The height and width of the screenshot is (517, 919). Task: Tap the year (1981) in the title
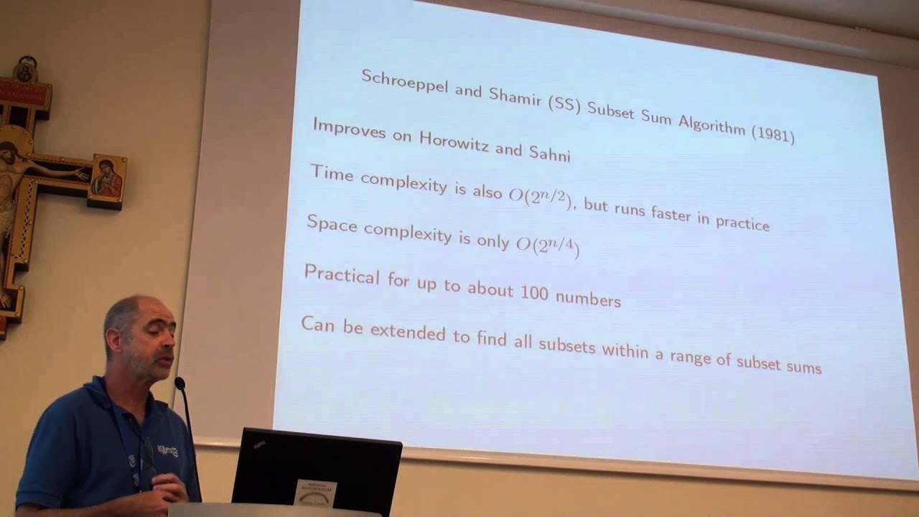coord(773,134)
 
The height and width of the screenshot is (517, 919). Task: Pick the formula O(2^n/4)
coord(548,245)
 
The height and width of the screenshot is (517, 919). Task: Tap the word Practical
coord(342,274)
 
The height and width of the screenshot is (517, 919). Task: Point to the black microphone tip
coord(179,384)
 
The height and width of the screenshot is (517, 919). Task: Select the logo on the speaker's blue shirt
coord(168,452)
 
